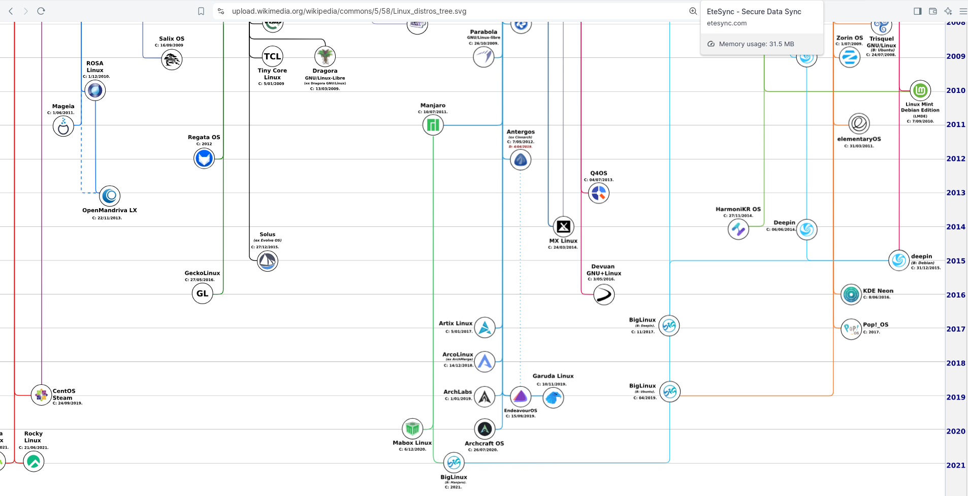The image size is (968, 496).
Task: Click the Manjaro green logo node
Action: click(x=433, y=125)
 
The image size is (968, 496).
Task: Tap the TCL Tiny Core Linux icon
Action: click(x=272, y=56)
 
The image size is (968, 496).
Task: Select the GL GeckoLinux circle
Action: click(x=202, y=293)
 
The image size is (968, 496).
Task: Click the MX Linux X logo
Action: click(x=563, y=227)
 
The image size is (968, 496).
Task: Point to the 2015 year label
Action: click(x=955, y=261)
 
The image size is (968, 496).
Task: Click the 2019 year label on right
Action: click(x=955, y=397)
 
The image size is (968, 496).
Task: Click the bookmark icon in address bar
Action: click(x=201, y=11)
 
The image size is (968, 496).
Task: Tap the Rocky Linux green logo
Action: click(x=34, y=461)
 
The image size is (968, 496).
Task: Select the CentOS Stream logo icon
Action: click(x=41, y=395)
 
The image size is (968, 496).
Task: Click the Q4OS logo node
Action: click(x=599, y=193)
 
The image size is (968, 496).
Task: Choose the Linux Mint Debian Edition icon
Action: click(x=920, y=91)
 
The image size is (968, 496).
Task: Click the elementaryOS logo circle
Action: click(x=859, y=123)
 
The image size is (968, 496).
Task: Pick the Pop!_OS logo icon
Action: click(x=851, y=329)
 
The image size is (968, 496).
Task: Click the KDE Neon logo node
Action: click(x=851, y=294)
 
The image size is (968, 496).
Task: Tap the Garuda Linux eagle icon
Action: click(x=553, y=398)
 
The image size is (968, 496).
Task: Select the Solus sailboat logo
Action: click(x=267, y=261)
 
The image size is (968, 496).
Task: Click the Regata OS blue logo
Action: click(x=204, y=158)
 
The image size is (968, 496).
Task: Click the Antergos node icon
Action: click(x=521, y=160)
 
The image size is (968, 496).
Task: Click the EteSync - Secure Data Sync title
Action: click(x=754, y=12)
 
